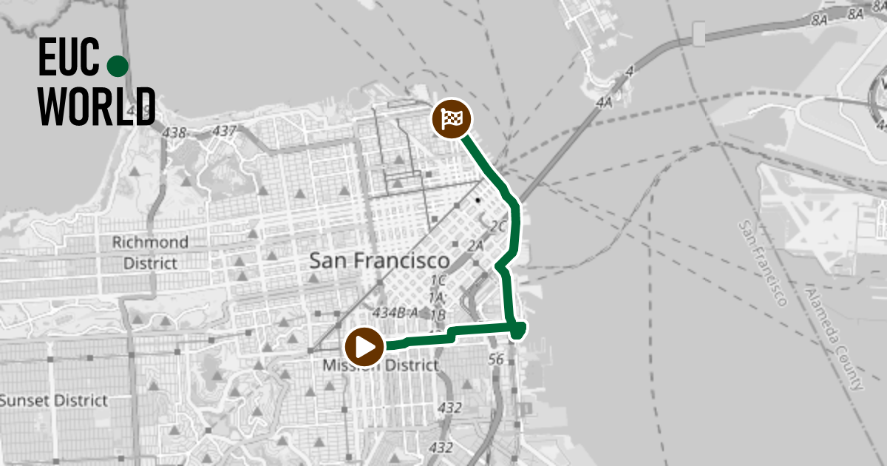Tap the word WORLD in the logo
point(97,107)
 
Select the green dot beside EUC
point(118,67)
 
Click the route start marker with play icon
point(364,346)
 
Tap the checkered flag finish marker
point(452,118)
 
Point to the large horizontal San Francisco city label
point(379,261)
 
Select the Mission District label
point(380,365)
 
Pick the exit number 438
point(174,133)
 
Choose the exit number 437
point(224,131)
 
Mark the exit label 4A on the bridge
point(604,102)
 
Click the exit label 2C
point(498,226)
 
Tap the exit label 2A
point(475,245)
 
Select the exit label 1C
point(438,280)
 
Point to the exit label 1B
point(438,314)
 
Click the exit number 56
point(496,359)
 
